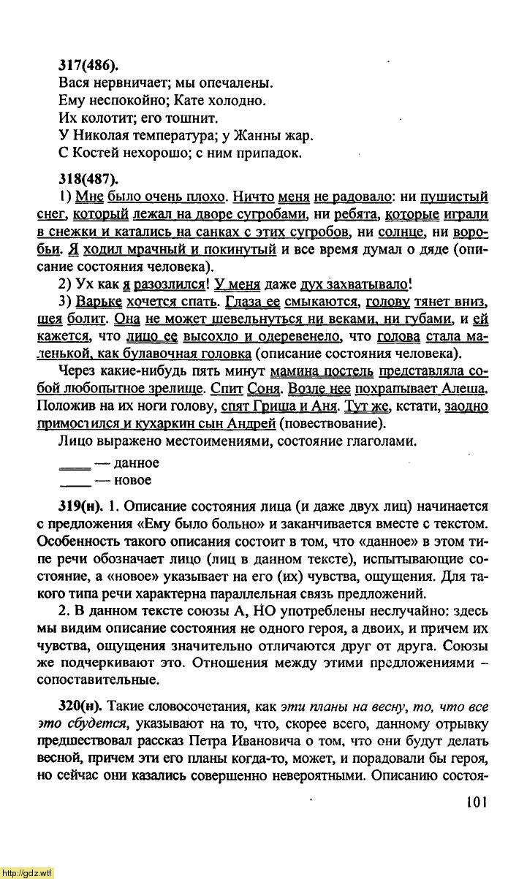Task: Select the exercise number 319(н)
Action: (80, 506)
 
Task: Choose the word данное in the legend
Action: (137, 463)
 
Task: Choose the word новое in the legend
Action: (132, 480)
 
